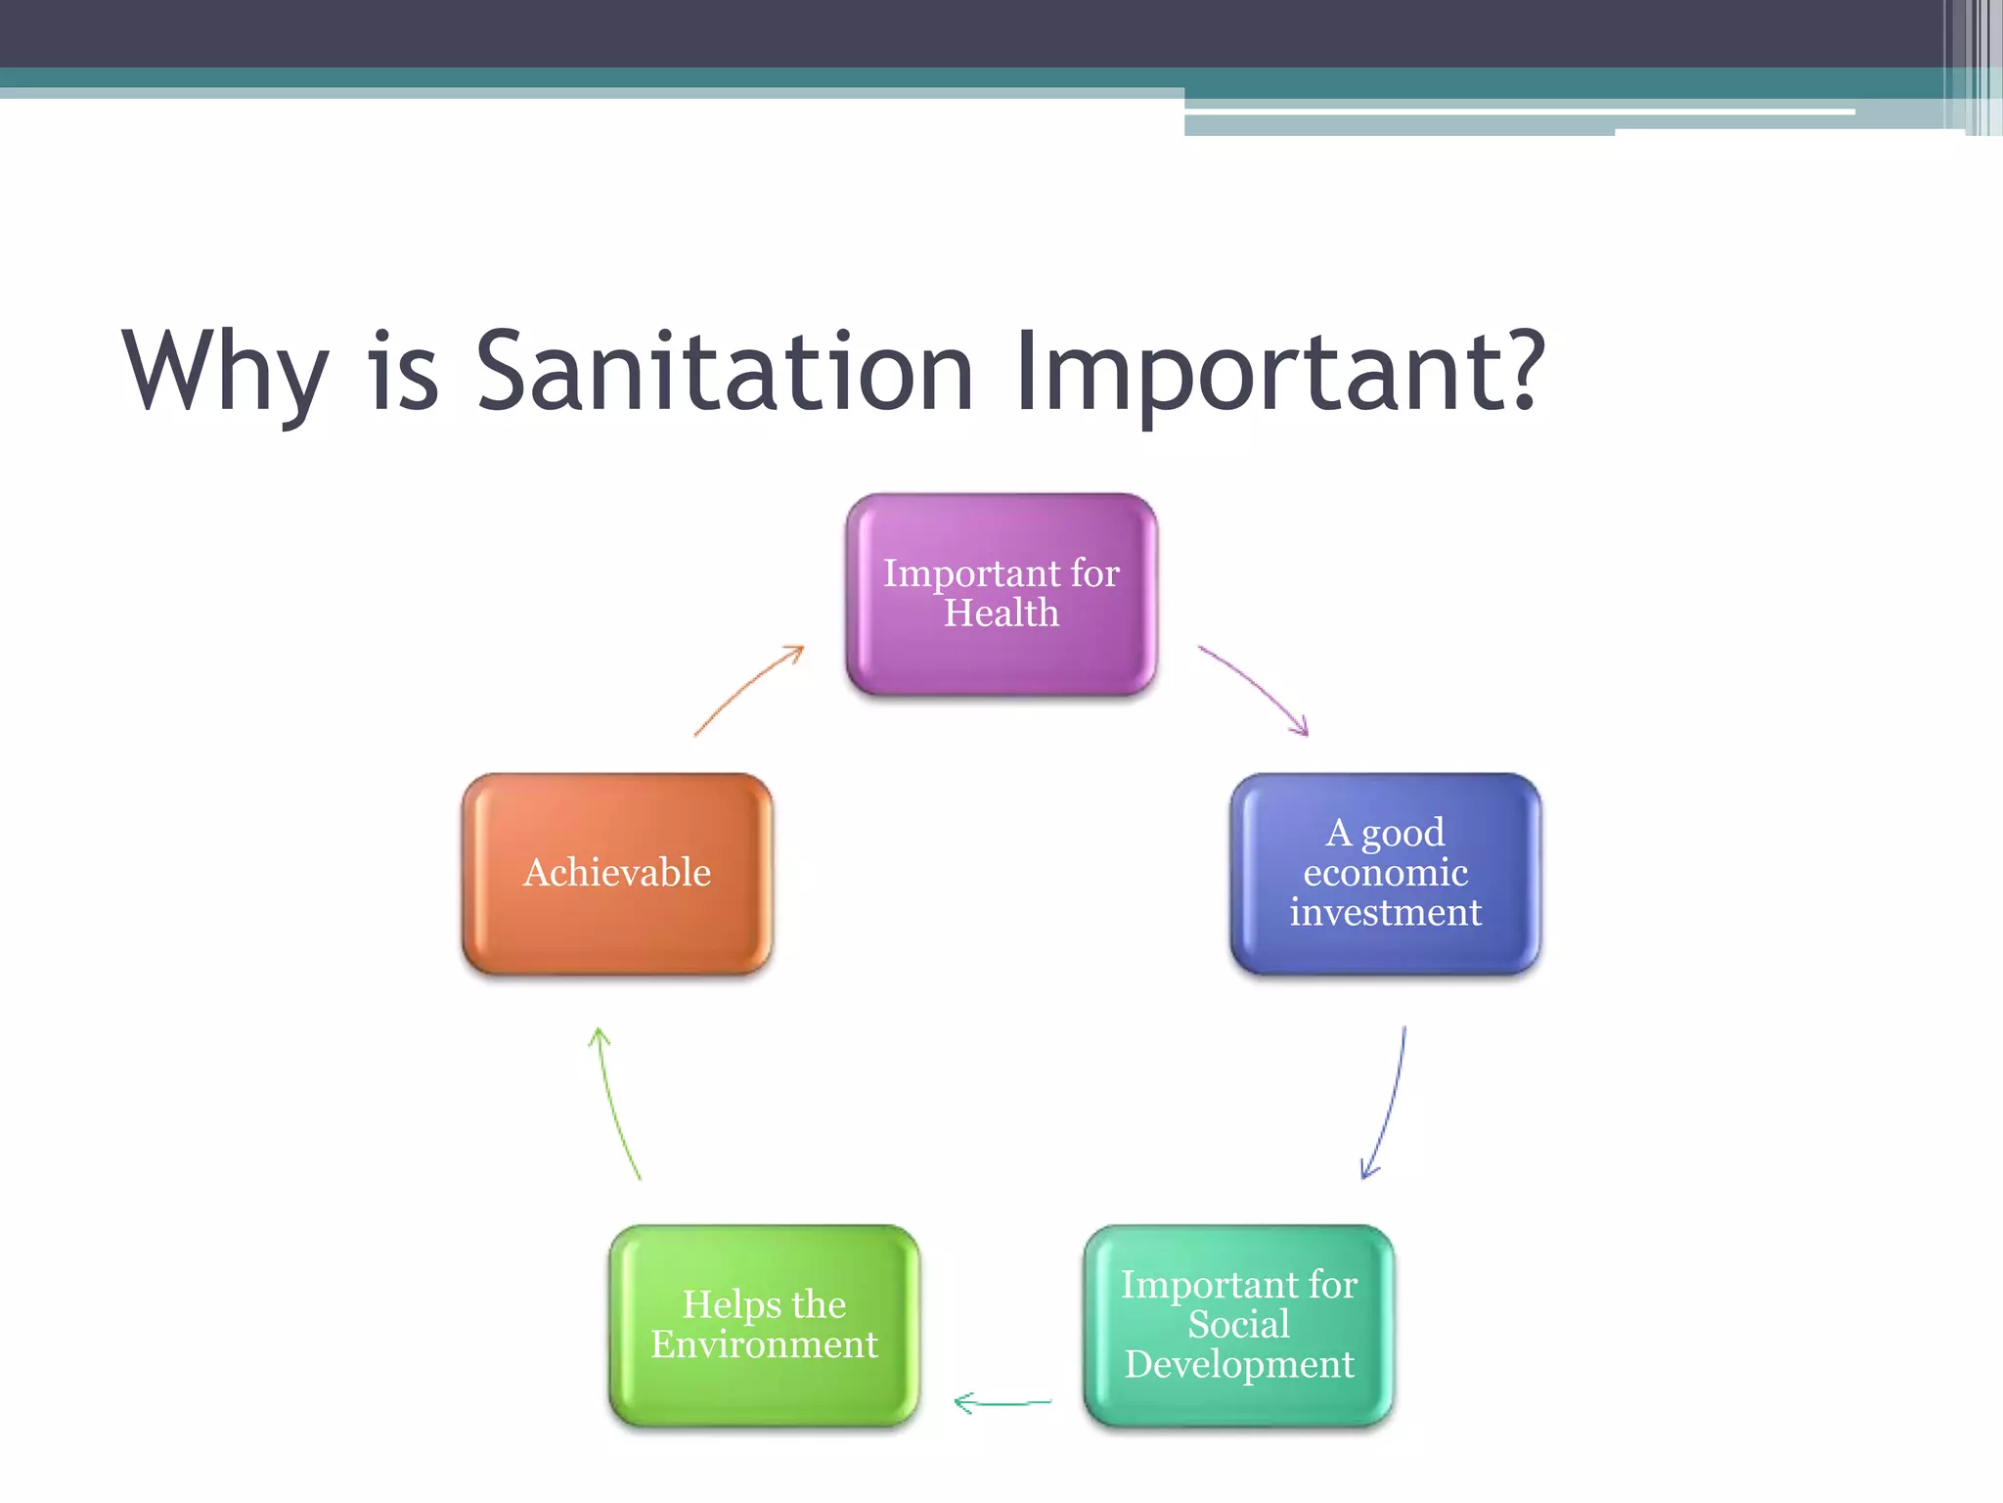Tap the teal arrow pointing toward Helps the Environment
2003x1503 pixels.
pos(1002,1403)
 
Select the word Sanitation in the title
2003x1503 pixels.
pos(724,372)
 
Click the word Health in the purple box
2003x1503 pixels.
pos(1001,614)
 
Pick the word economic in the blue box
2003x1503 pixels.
pos(1385,872)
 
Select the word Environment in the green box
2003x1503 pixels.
pos(764,1344)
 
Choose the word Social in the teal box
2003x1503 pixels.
pos(1238,1324)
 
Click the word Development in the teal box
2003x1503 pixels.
pos(1238,1365)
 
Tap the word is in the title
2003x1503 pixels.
pos(402,372)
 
